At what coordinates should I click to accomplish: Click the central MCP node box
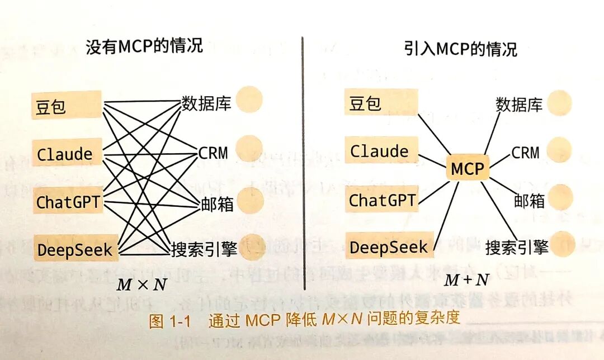468,168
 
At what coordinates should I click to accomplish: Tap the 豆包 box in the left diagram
66,105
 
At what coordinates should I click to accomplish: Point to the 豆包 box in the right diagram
380,102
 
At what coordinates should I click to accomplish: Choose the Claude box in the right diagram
380,150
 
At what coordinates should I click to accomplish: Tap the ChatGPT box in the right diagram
383,199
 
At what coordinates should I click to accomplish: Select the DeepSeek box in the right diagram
388,246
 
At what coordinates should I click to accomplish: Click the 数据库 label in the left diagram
206,103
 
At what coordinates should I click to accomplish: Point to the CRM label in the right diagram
525,152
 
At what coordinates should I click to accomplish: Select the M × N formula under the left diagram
141,284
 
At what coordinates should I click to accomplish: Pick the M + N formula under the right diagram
466,279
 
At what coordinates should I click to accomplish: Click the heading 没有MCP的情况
144,46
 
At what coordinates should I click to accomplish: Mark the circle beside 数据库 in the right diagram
559,102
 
